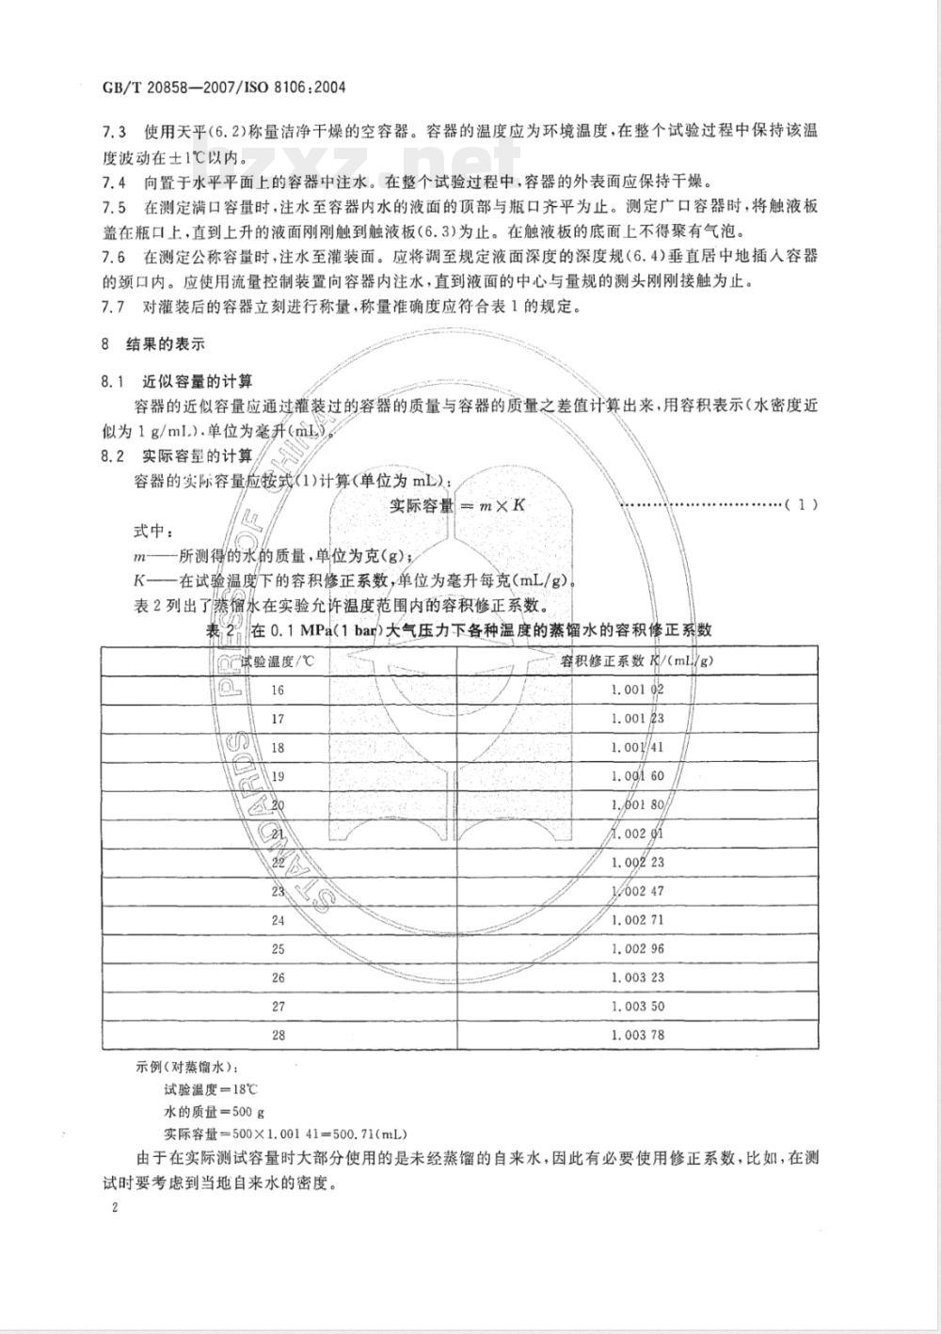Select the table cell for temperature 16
pos(278,690)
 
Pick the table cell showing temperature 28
pos(278,1035)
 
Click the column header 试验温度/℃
pos(278,660)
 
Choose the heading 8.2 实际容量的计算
pos(176,456)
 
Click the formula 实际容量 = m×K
pos(457,505)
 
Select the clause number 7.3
pos(112,132)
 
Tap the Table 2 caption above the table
pos(458,629)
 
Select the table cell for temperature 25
pos(278,948)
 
